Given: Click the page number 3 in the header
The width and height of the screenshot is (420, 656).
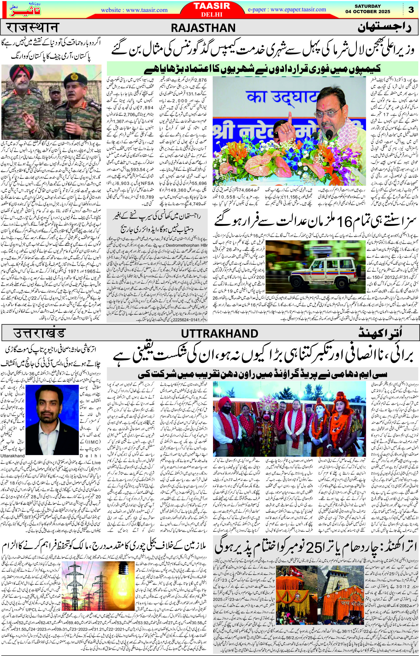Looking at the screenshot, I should [x=411, y=10].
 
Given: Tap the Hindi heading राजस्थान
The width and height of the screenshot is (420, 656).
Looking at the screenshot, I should [x=32, y=28].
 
